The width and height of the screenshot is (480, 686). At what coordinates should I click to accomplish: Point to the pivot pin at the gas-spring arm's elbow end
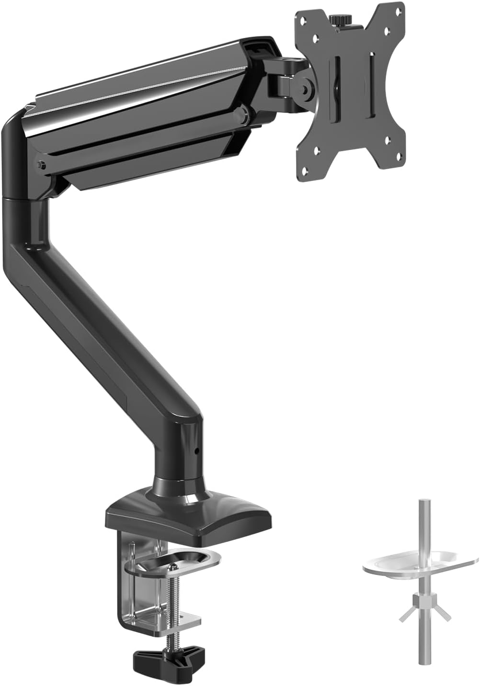click(40, 165)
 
